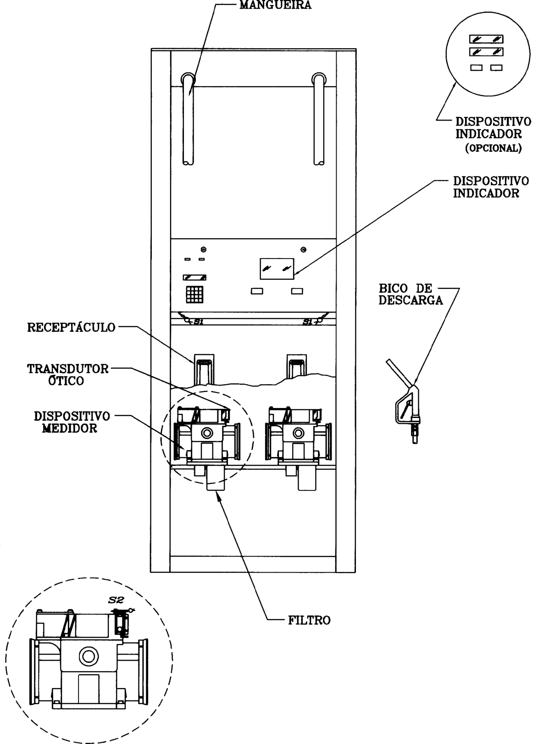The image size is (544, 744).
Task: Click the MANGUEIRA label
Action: [x=276, y=6]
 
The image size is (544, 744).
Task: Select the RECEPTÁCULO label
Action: [x=71, y=327]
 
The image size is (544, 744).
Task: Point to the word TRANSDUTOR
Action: [x=68, y=369]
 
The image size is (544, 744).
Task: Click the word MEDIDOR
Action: [x=70, y=428]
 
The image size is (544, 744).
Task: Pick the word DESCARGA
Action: [x=411, y=300]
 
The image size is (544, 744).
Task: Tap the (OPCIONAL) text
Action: [x=493, y=148]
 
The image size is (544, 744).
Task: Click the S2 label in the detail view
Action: [x=117, y=600]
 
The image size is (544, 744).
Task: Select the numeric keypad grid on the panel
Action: [x=194, y=294]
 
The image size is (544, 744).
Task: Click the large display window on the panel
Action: [x=277, y=268]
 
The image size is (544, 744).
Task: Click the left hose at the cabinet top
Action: [x=188, y=119]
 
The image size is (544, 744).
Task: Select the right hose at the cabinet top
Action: [x=319, y=119]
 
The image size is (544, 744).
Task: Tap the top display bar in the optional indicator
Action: [x=486, y=39]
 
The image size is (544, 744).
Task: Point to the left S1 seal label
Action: [x=199, y=321]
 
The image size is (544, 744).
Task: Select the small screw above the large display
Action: [x=303, y=249]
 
